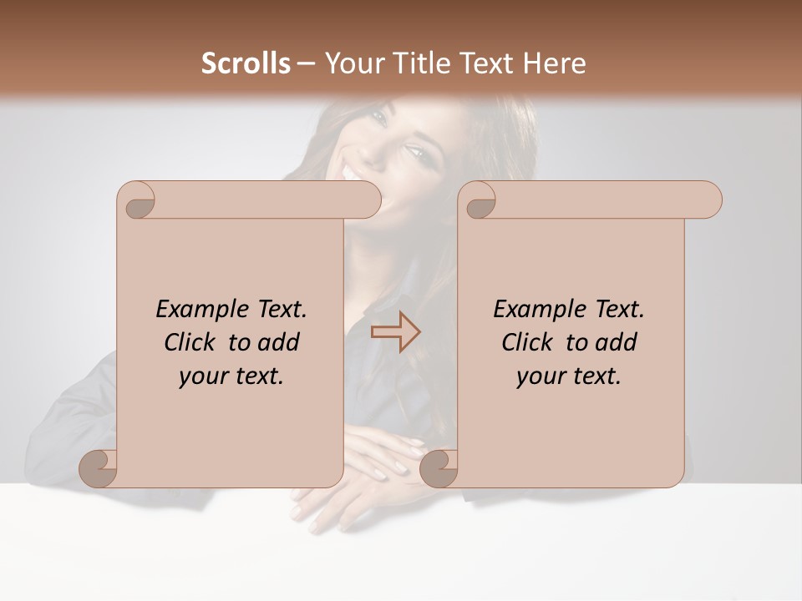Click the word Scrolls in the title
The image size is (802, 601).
(x=246, y=63)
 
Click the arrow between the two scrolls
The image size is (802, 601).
(x=395, y=331)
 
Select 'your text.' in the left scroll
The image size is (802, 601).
(x=231, y=376)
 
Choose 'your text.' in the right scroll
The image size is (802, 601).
(x=569, y=376)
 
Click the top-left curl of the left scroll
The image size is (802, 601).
(x=139, y=203)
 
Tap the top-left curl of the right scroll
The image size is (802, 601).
(x=480, y=203)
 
